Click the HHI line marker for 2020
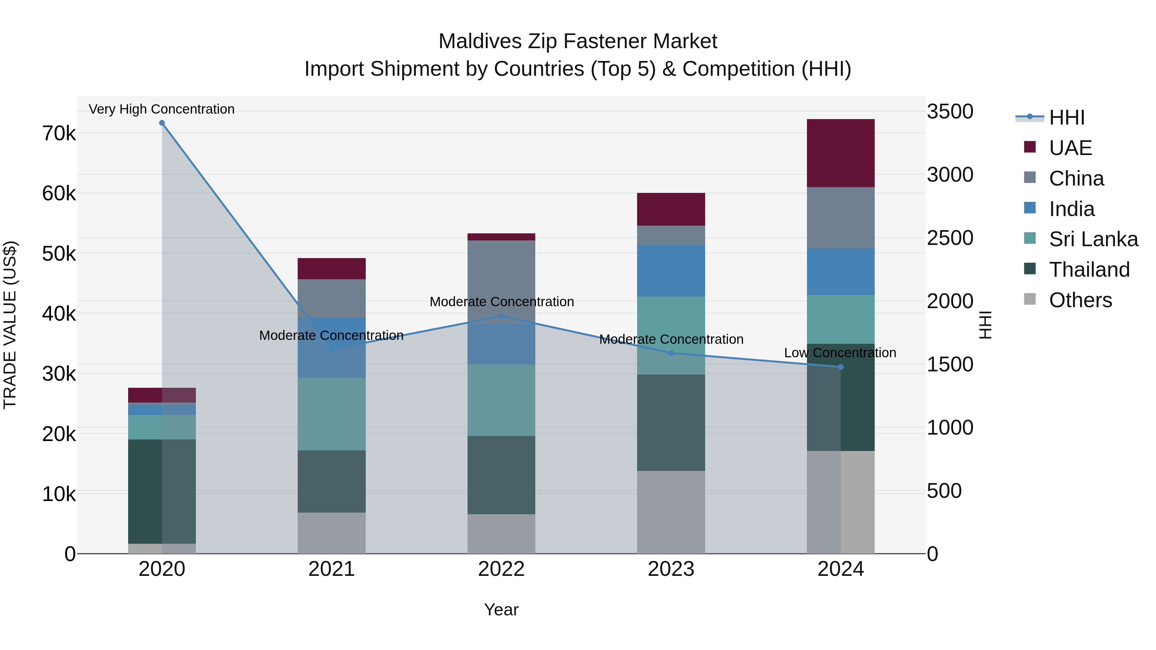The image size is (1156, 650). (162, 123)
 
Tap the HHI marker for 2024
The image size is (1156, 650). (841, 367)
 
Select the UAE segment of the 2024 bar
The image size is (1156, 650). (841, 153)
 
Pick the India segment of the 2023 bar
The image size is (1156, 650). (671, 271)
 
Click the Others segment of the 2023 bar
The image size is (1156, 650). (671, 512)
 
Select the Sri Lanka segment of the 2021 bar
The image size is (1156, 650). (332, 414)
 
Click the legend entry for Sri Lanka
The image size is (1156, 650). (1093, 239)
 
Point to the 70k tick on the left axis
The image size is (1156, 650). (59, 134)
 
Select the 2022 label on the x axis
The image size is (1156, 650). (501, 569)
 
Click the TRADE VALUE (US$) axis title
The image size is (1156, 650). (10, 325)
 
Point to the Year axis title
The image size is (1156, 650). (501, 610)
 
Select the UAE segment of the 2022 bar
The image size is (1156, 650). (501, 237)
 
